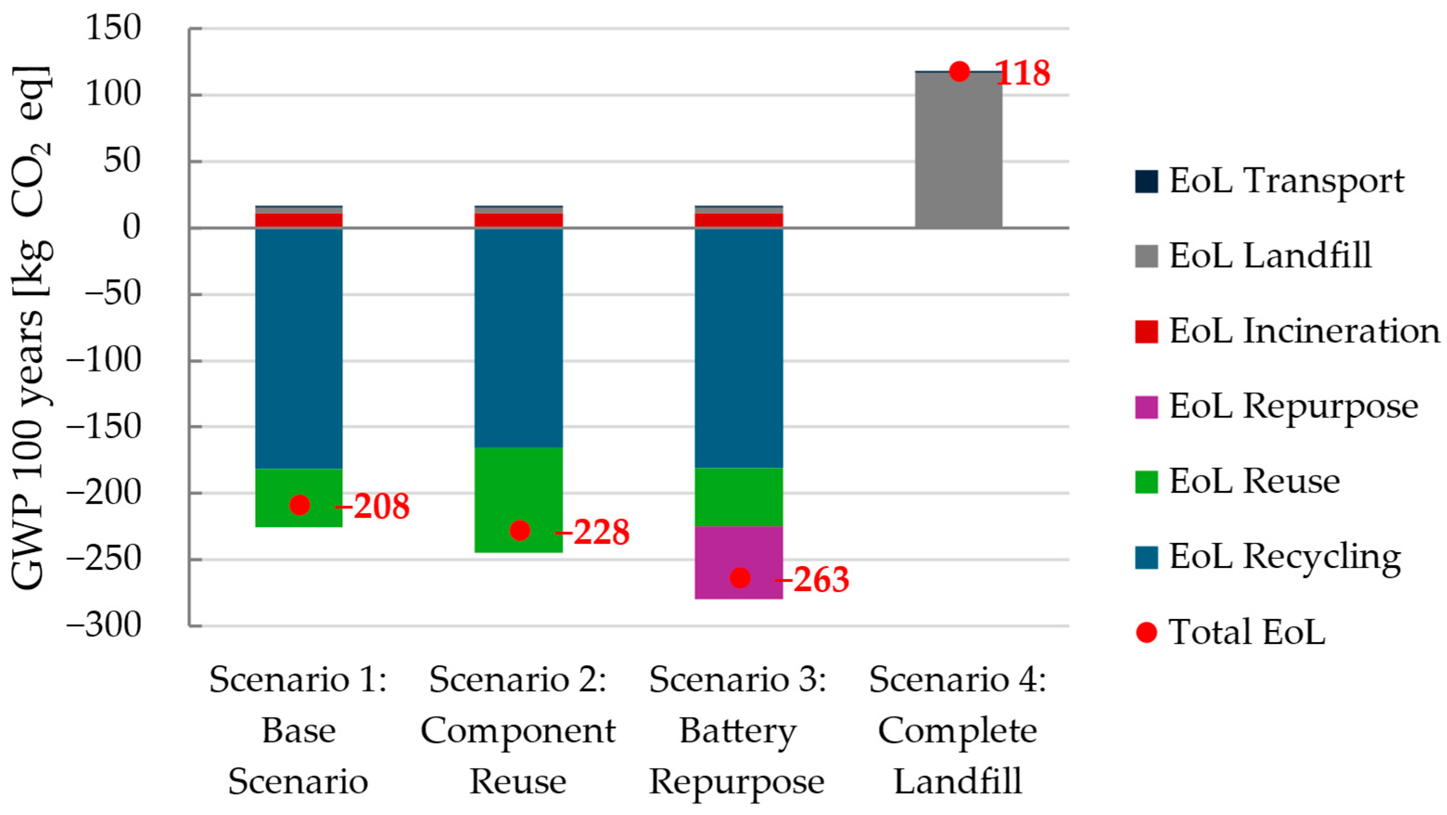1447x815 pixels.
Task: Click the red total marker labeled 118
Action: click(x=959, y=71)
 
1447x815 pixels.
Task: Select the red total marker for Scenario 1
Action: click(x=299, y=504)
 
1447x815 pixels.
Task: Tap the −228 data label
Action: click(x=593, y=532)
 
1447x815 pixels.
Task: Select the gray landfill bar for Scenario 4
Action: click(x=958, y=149)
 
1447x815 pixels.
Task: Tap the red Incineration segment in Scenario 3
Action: click(x=739, y=220)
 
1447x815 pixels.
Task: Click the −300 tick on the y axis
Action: click(x=103, y=625)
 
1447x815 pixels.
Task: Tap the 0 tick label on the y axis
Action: click(x=131, y=228)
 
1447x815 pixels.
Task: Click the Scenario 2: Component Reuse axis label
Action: click(x=518, y=730)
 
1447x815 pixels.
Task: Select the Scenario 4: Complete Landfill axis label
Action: click(x=958, y=730)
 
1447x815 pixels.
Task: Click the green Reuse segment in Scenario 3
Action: click(x=739, y=497)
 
